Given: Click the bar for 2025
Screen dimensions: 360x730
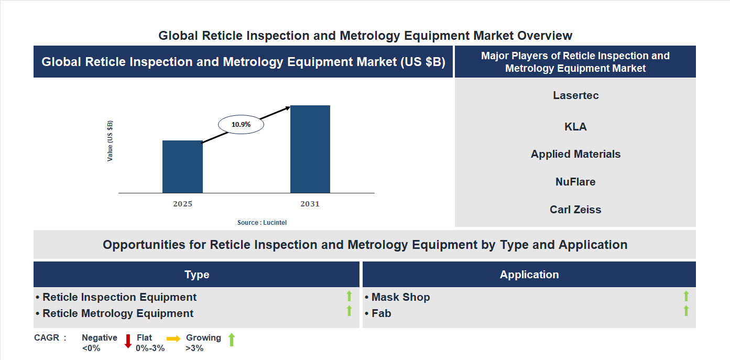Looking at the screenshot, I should (182, 167).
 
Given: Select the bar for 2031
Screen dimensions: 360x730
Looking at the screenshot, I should (310, 149).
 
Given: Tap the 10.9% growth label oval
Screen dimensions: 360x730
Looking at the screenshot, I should (241, 125).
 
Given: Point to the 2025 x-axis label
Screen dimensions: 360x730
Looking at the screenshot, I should (182, 204).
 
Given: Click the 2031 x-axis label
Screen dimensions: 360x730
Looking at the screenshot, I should (310, 204).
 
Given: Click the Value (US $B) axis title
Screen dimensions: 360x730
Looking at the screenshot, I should (110, 141).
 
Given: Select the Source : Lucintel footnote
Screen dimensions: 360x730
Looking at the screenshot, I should (262, 223).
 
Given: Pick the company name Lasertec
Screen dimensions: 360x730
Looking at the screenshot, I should (575, 95).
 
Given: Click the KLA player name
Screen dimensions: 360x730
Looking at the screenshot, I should (575, 127).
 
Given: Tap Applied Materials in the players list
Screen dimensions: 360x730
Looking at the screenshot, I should (575, 154).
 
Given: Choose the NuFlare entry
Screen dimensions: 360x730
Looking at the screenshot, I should (575, 182).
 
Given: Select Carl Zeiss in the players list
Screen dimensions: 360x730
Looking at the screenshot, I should (575, 210).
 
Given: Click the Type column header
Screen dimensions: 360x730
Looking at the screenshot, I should (197, 275).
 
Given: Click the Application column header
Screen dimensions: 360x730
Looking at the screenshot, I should (529, 275).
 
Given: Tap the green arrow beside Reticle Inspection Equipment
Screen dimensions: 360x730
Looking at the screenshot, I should (349, 297).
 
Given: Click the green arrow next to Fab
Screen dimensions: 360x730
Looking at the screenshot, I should (685, 311).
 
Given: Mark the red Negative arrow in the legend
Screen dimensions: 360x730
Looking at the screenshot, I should (128, 341).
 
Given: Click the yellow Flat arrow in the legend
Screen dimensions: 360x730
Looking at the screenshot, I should (173, 339).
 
